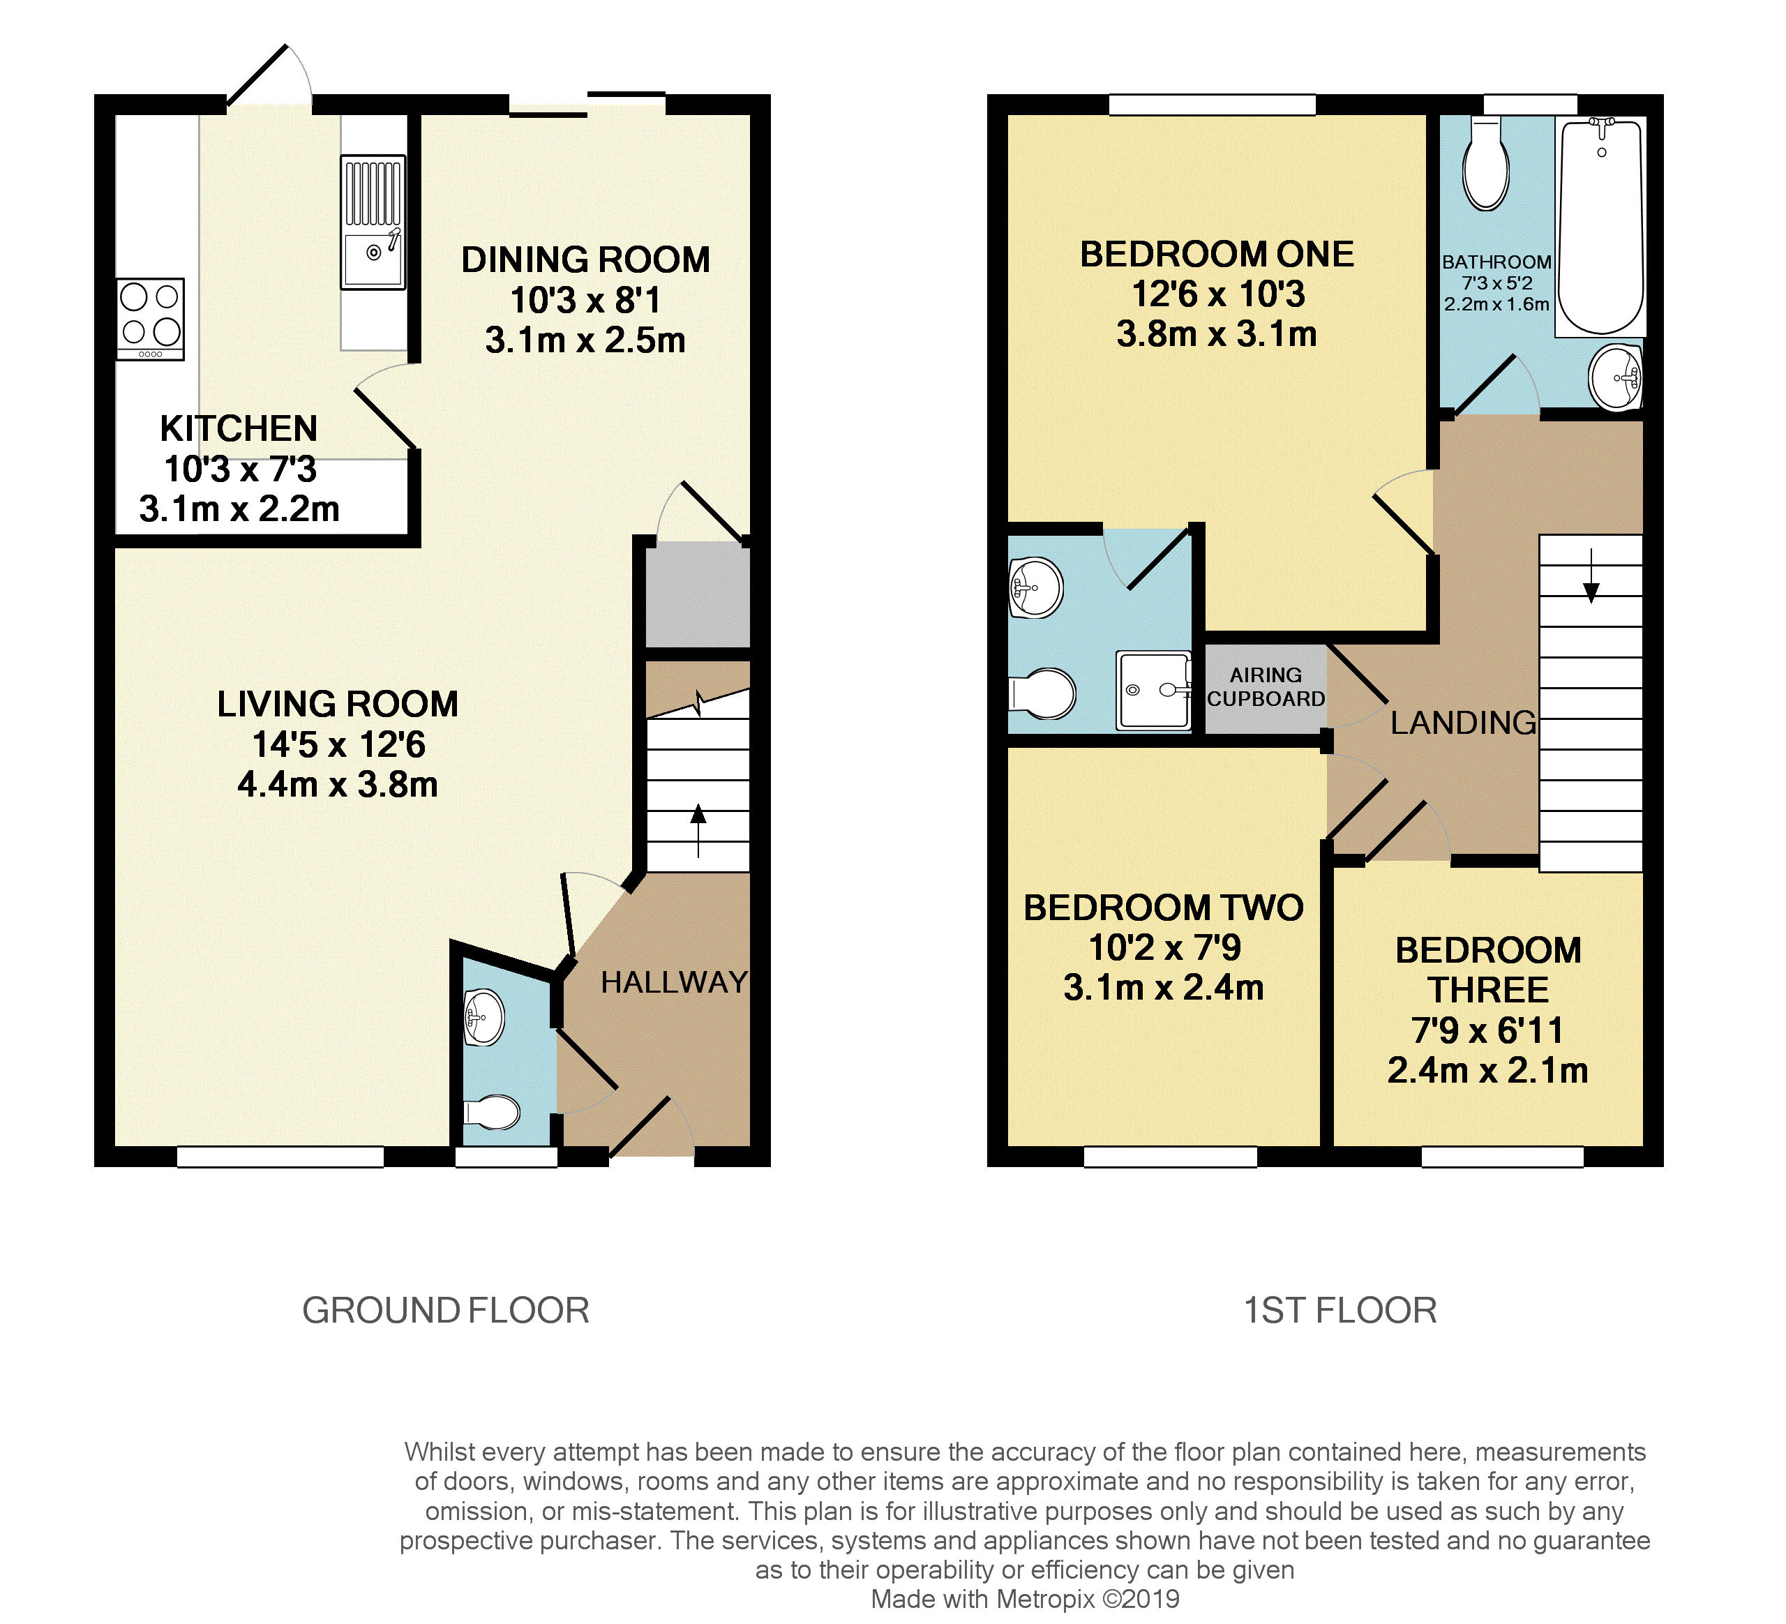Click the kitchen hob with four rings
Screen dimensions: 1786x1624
coord(151,319)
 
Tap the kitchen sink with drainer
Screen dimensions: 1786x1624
coord(373,223)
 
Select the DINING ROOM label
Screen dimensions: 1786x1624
coord(585,260)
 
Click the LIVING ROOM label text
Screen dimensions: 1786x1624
coord(338,705)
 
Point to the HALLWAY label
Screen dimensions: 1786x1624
coord(674,982)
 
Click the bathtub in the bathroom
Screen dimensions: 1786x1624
coord(1601,227)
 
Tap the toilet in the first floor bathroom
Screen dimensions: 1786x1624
coord(1486,163)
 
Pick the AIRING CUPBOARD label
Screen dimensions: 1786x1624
coord(1266,686)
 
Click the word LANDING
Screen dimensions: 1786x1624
coord(1464,723)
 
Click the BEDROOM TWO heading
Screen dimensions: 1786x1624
coord(1163,908)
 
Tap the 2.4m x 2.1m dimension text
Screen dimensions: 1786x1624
coord(1487,1070)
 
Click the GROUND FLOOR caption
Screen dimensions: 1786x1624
coord(446,1310)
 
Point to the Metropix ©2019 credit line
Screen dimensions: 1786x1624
coord(1025,1599)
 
